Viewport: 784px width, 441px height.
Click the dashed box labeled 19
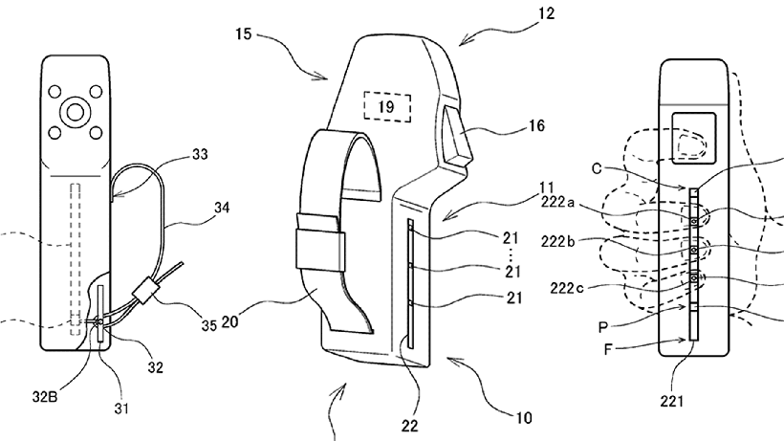(387, 106)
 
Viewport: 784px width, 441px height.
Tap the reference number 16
(536, 125)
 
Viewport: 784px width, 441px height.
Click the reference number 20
(229, 321)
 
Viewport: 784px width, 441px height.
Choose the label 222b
(558, 241)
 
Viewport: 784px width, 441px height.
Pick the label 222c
(567, 288)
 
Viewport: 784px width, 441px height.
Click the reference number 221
(671, 401)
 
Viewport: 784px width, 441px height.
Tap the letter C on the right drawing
(597, 168)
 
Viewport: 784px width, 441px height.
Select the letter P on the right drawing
(603, 327)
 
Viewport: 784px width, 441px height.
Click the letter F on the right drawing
(607, 348)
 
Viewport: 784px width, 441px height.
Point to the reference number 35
(209, 325)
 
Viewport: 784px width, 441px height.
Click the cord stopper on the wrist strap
(143, 289)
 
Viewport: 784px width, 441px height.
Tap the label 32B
(45, 397)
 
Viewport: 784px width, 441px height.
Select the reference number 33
(200, 155)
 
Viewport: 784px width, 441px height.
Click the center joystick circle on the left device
(75, 113)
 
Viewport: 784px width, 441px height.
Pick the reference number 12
(547, 13)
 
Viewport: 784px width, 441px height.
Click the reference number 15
(243, 34)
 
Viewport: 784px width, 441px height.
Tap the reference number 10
(524, 417)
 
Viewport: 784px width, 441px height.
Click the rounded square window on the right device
(693, 138)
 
